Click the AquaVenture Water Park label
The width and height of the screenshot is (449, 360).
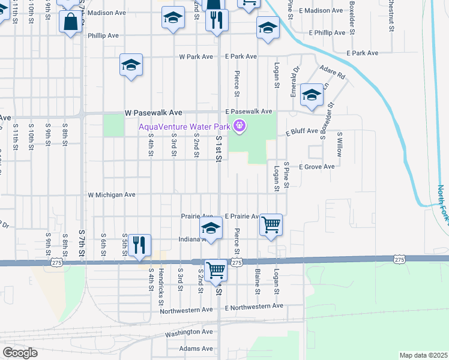(185, 126)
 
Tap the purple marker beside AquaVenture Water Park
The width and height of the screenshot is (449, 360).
(240, 126)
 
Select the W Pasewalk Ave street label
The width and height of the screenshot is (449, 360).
(153, 112)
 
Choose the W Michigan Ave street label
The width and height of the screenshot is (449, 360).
(112, 195)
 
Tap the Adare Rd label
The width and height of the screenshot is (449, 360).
(333, 72)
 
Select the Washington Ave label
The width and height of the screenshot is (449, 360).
(189, 331)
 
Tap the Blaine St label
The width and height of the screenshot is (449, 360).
(257, 281)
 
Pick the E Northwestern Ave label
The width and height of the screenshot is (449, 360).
(254, 306)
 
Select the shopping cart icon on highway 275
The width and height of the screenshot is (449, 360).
(215, 269)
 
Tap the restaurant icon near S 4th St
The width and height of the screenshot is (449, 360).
(139, 244)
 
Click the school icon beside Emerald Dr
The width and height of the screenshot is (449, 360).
(312, 95)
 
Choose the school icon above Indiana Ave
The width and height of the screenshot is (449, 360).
(211, 228)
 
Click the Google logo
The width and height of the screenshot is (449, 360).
(20, 353)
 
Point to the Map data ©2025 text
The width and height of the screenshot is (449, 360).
(423, 355)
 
